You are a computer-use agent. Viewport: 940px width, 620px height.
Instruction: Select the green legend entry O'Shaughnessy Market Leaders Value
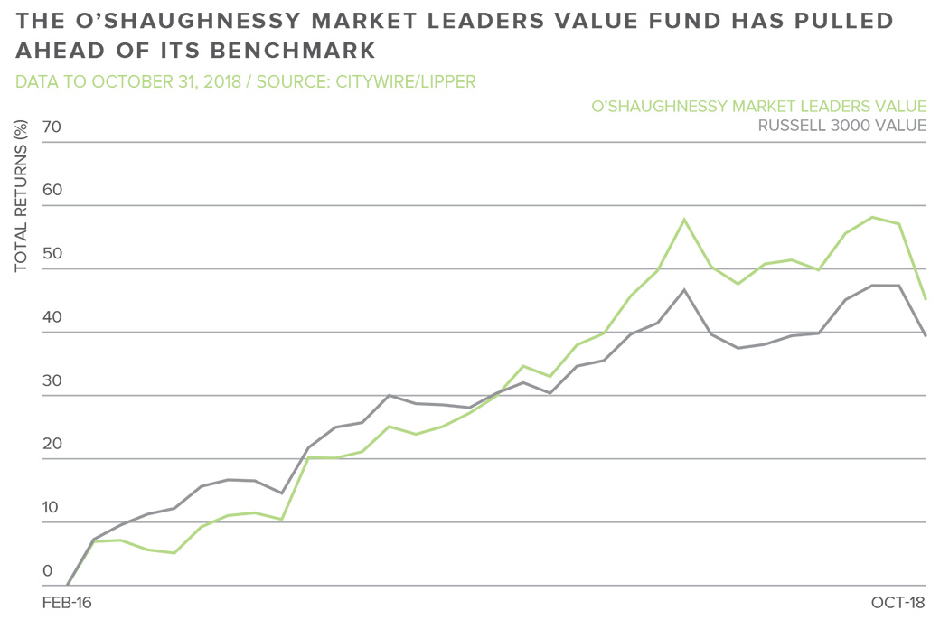click(x=758, y=107)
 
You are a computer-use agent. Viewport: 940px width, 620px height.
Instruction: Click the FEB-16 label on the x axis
click(x=69, y=601)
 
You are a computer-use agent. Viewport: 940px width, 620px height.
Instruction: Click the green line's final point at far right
click(x=926, y=299)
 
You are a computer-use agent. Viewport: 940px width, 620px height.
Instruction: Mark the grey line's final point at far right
click(x=926, y=335)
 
